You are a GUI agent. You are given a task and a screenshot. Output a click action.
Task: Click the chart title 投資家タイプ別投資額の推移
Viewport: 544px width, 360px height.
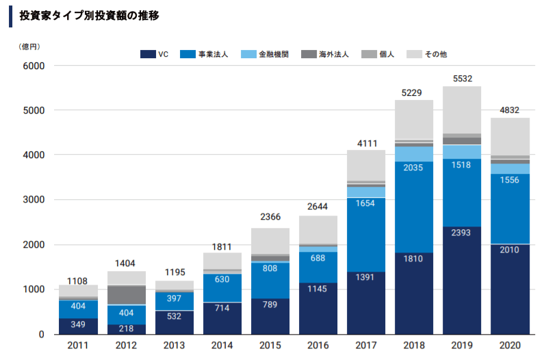tap(90, 15)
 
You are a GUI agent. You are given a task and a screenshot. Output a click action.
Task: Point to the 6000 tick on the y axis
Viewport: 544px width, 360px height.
tap(34, 66)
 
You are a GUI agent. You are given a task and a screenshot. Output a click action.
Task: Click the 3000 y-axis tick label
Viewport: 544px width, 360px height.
tap(34, 201)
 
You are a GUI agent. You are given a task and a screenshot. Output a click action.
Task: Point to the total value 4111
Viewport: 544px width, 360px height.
tap(366, 143)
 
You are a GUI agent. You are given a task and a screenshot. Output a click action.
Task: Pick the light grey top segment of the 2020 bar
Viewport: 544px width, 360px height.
tap(510, 137)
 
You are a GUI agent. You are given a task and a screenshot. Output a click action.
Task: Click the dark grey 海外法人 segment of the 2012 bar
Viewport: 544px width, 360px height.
tap(126, 295)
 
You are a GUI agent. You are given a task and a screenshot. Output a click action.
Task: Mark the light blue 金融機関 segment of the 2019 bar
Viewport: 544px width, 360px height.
tap(463, 151)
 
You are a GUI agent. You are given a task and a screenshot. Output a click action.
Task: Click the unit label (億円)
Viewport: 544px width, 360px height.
tap(30, 46)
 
